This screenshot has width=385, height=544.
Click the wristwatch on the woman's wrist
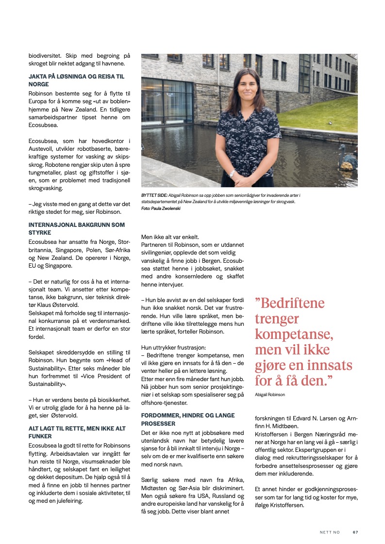(x=233, y=173)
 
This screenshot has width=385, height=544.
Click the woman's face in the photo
(x=246, y=86)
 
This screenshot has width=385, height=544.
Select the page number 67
(x=355, y=532)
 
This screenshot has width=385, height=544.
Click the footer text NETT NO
(x=330, y=532)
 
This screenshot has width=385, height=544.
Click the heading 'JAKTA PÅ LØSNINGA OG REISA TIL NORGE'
(x=76, y=80)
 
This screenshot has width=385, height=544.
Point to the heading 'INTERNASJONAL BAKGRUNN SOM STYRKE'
(x=76, y=228)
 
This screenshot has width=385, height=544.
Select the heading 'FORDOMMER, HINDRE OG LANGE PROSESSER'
(x=188, y=419)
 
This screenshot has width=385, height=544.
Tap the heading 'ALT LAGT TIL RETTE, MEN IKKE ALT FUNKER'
(x=76, y=432)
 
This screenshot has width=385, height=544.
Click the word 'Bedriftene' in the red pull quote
(x=293, y=304)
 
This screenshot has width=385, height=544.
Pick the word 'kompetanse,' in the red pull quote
(x=294, y=334)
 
